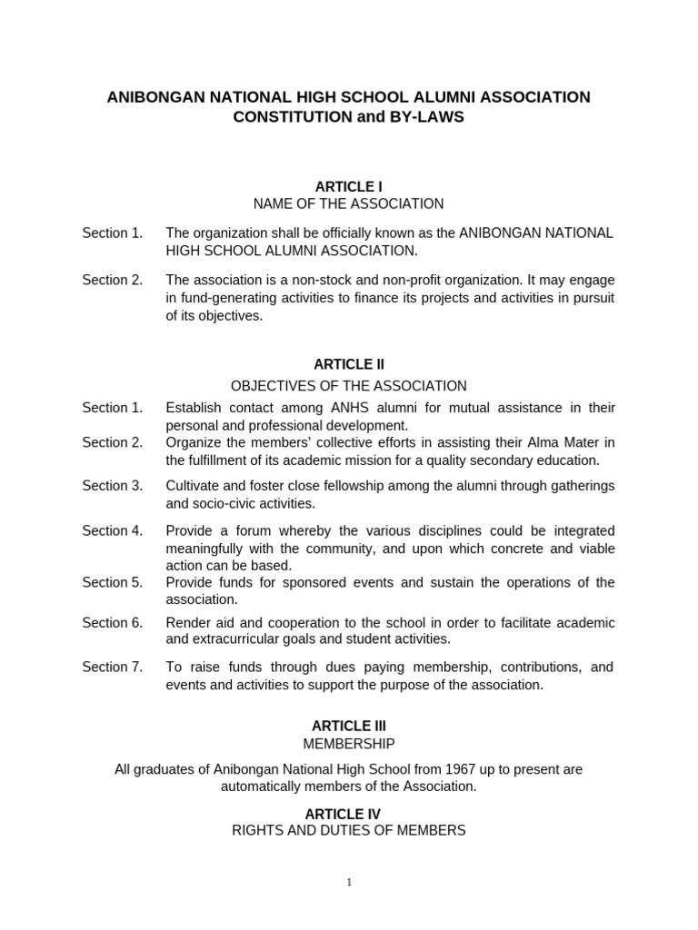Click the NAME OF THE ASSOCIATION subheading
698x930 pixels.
click(x=349, y=203)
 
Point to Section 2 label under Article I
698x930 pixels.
click(x=113, y=280)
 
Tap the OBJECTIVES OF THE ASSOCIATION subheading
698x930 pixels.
click(x=349, y=386)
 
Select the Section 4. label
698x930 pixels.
click(x=113, y=530)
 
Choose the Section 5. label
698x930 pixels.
click(x=113, y=582)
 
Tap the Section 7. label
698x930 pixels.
click(x=113, y=667)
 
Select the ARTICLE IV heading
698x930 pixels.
click(x=349, y=814)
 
